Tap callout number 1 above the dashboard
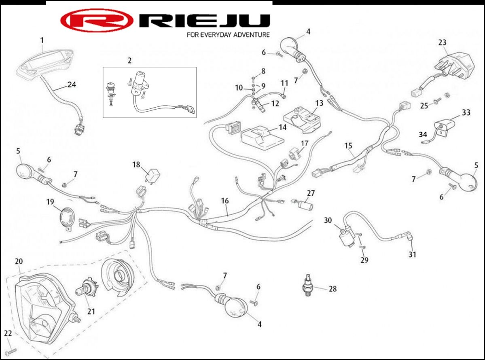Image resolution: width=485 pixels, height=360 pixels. [x=42, y=40]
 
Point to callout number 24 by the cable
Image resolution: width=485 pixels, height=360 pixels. [x=72, y=85]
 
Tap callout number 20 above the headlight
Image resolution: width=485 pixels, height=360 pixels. [x=19, y=261]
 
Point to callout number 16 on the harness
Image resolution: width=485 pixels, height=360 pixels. [x=225, y=200]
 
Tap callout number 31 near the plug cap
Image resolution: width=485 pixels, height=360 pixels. [x=412, y=254]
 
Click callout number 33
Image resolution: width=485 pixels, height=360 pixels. [x=466, y=112]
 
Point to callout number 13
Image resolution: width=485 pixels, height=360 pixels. [x=320, y=103]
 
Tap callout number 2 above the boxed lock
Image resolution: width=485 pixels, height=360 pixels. [x=129, y=61]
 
